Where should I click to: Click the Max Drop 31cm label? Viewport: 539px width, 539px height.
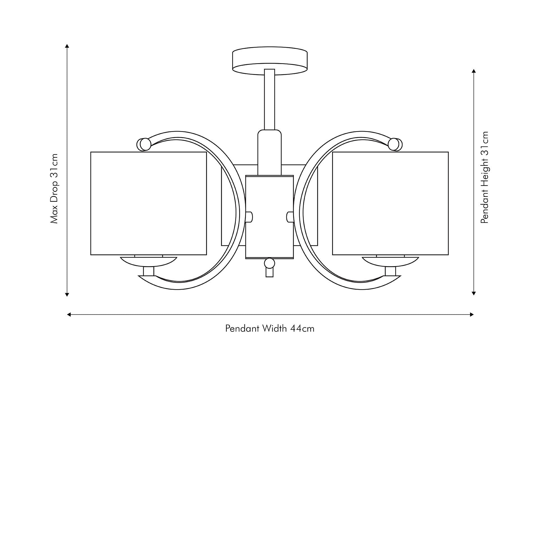(54, 188)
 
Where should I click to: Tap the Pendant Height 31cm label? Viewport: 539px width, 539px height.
(485, 177)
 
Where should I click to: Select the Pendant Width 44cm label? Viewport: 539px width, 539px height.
(270, 328)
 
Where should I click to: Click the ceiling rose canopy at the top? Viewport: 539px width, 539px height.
(270, 61)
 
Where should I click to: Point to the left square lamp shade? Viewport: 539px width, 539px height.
(149, 204)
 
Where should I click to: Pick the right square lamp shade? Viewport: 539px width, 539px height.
(390, 204)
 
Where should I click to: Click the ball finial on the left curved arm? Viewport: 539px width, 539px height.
(144, 144)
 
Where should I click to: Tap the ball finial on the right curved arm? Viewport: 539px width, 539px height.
(395, 144)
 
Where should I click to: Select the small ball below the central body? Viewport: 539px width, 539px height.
(269, 263)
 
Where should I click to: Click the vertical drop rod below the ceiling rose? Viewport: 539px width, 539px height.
(269, 99)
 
